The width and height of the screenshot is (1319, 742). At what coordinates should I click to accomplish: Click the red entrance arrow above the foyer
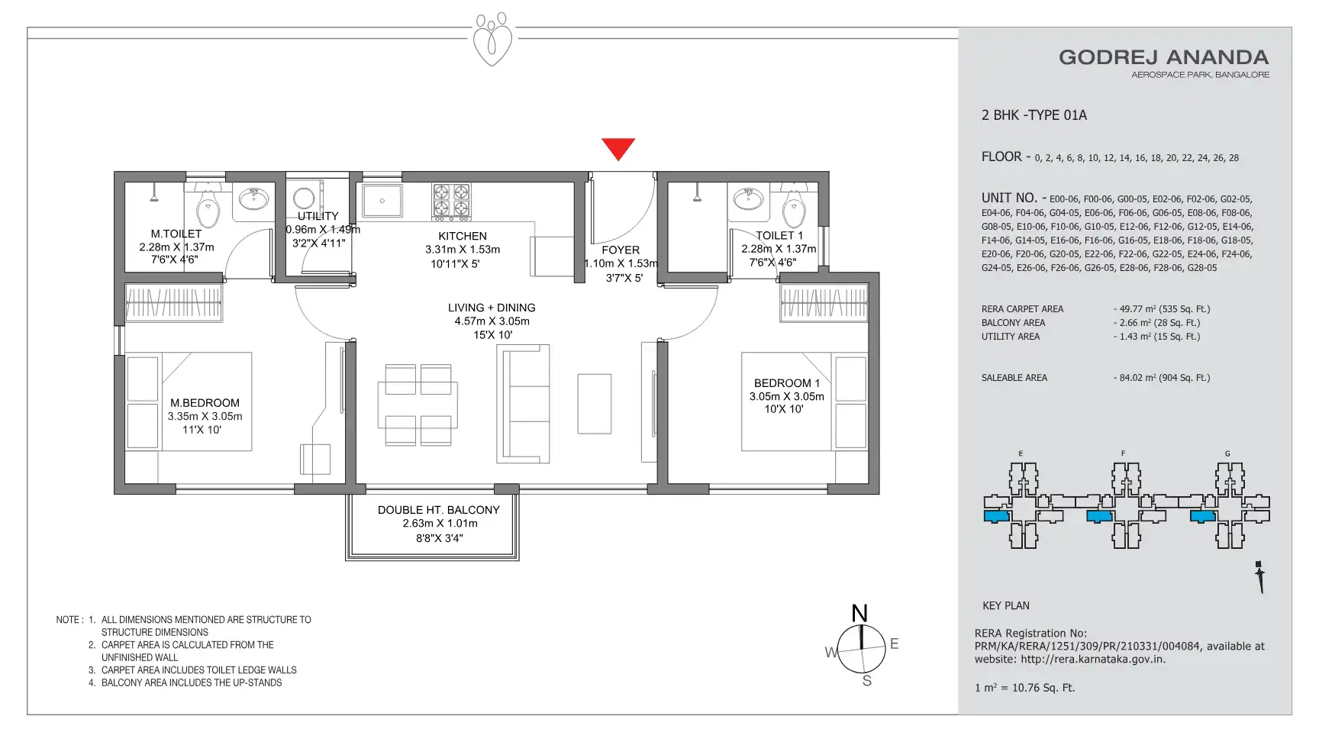pos(618,148)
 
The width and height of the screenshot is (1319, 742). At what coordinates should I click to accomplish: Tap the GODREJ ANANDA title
pos(1163,57)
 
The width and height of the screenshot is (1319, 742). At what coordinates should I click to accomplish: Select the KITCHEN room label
pos(463,236)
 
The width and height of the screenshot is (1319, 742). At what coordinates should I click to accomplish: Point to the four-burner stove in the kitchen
pos(451,201)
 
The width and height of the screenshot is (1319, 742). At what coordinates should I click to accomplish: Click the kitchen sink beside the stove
pos(382,202)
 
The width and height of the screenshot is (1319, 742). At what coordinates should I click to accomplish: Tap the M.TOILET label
pos(176,234)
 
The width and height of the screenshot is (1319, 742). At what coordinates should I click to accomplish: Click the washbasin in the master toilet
pos(253,199)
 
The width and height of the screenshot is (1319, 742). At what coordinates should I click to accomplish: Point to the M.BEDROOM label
pos(205,402)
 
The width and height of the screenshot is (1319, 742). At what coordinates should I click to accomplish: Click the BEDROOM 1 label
pos(787,382)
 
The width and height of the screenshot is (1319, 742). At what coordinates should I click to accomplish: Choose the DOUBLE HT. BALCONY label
pos(439,509)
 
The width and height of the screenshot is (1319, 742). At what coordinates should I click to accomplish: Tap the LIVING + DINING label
pos(492,307)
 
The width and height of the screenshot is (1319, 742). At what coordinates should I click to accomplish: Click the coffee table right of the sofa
pos(594,404)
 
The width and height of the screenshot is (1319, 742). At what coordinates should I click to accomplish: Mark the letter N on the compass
pos(859,613)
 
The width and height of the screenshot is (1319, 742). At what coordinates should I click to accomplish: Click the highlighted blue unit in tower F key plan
pos(1098,516)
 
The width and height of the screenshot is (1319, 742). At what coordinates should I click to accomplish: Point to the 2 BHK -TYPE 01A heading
pos(1034,115)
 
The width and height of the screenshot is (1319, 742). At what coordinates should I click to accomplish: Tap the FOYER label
pos(621,250)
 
